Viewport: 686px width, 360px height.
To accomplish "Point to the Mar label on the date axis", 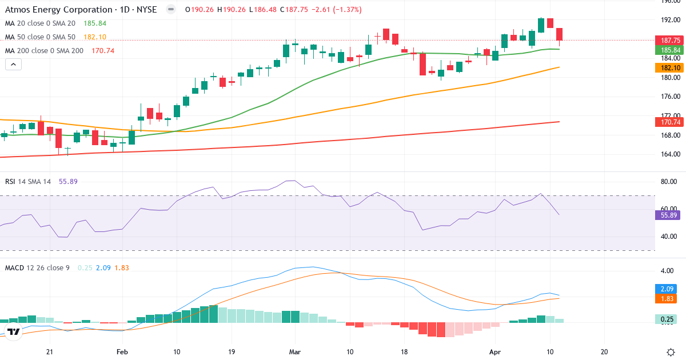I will click(295, 353).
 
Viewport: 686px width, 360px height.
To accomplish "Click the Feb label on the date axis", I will click(122, 353).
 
